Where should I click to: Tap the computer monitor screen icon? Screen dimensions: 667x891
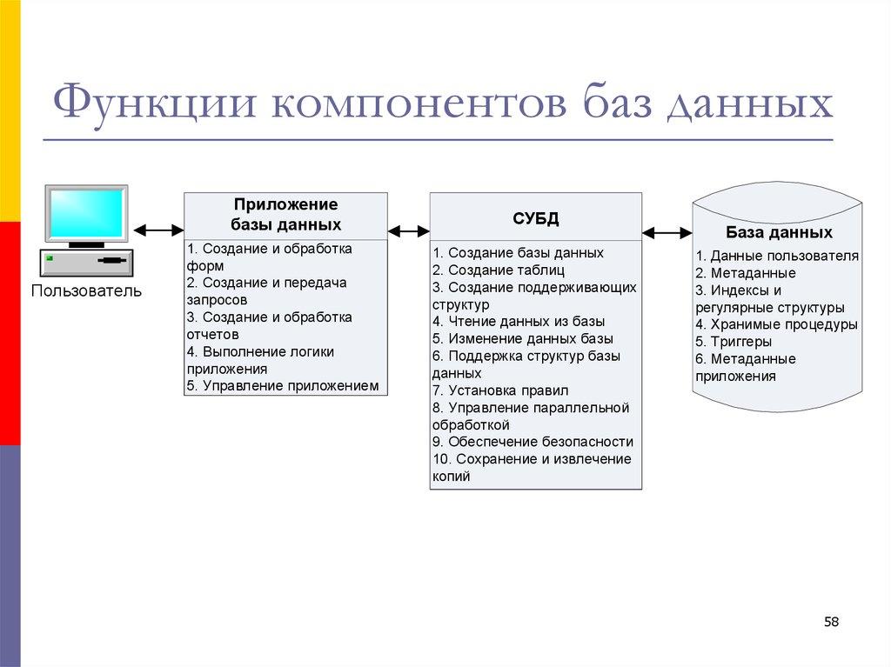click(x=86, y=213)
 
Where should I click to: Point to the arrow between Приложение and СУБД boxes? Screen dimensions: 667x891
click(x=409, y=231)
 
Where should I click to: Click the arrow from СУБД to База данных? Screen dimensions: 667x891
click(x=667, y=232)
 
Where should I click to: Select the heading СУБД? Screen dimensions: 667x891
click(x=535, y=217)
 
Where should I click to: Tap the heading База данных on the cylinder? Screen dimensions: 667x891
click(x=779, y=233)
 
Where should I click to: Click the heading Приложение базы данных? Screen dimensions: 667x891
click(x=285, y=214)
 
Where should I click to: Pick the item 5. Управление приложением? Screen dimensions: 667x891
click(x=283, y=385)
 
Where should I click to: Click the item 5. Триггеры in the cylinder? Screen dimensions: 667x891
click(x=734, y=342)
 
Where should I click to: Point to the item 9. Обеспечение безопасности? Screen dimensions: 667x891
click(x=533, y=442)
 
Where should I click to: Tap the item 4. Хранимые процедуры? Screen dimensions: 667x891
click(x=776, y=324)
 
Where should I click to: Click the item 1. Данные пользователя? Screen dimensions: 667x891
click(x=777, y=256)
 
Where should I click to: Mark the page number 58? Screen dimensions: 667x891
click(x=831, y=622)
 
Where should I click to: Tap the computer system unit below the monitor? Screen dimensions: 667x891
click(x=86, y=261)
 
